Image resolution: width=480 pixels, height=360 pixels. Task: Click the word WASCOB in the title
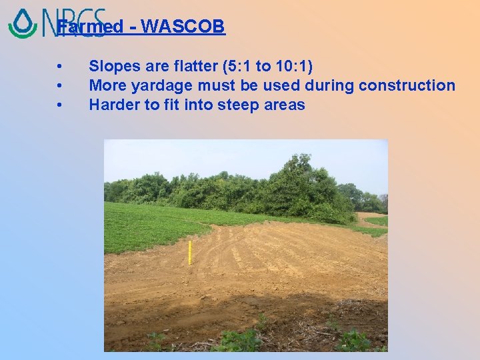coord(183,27)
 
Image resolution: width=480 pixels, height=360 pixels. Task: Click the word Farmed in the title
coord(90,27)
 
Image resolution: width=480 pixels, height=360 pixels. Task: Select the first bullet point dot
coord(60,67)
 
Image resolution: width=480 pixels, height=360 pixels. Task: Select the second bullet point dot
coord(60,85)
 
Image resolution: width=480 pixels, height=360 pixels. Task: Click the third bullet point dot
coord(60,105)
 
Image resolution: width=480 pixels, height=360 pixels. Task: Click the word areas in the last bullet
coord(283,105)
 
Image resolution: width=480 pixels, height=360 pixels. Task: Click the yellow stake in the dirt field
coord(189,253)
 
